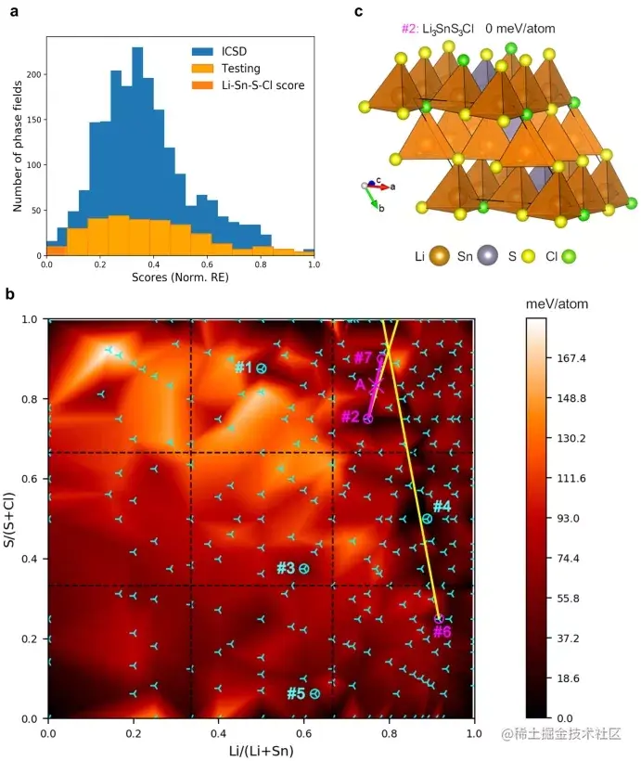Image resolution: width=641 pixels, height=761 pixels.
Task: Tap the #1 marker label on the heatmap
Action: tap(243, 368)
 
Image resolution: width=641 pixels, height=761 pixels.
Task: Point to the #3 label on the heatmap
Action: tap(285, 568)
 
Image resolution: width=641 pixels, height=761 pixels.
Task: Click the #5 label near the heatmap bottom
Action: tap(296, 693)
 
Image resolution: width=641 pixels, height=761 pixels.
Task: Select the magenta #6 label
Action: tap(442, 632)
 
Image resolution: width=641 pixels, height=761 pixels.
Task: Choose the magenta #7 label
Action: tap(364, 357)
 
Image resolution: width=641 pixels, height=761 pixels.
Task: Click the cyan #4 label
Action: tap(442, 507)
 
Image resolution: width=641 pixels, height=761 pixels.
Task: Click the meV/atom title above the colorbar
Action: tap(557, 303)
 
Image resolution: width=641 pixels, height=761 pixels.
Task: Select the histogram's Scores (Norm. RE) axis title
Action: tap(180, 277)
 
